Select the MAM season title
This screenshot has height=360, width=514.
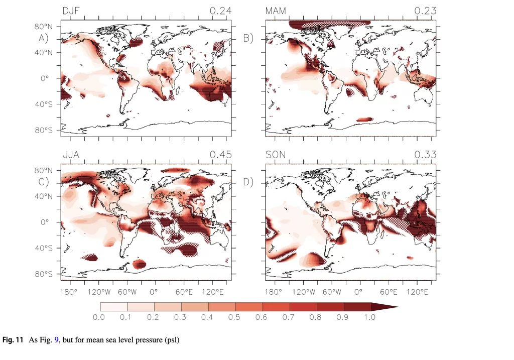click(276, 11)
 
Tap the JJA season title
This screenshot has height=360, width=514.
click(71, 155)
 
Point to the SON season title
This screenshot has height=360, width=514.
click(275, 155)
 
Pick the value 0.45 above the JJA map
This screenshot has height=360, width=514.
click(220, 155)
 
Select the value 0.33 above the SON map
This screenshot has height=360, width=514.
click(425, 155)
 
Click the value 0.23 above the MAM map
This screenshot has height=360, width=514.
click(425, 11)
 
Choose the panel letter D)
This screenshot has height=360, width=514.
click(248, 182)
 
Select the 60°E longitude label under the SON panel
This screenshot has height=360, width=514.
click(388, 292)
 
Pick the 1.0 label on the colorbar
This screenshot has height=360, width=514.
click(370, 317)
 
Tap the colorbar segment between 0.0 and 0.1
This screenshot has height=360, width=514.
click(114, 306)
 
